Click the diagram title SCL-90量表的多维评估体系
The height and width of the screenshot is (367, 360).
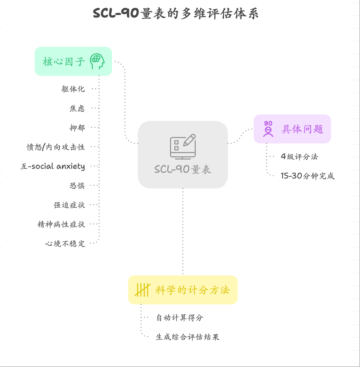coord(175,14)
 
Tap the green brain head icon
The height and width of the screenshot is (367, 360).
coord(97,61)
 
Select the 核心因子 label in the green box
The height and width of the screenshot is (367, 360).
coord(64,62)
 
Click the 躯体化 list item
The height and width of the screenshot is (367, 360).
coord(73,89)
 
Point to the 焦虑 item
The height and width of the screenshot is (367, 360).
coord(77,108)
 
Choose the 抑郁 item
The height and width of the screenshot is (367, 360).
coord(77,127)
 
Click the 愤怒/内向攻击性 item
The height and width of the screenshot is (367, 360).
coord(56,147)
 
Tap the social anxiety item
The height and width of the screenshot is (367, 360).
coord(53,166)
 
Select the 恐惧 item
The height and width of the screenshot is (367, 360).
coord(77,186)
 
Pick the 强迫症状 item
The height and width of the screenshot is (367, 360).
coord(69,205)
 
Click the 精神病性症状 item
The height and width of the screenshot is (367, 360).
coord(61,224)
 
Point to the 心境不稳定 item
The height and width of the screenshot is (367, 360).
coord(65,244)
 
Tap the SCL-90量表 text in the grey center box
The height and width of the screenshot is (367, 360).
coord(183,169)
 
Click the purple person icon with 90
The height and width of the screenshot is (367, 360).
coord(268,129)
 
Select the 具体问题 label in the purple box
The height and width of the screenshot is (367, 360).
coord(302,129)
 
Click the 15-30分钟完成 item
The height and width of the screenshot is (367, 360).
coord(307,176)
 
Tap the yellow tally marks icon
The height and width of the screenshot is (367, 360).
coord(142,290)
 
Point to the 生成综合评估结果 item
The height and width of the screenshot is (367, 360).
coord(188,337)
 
